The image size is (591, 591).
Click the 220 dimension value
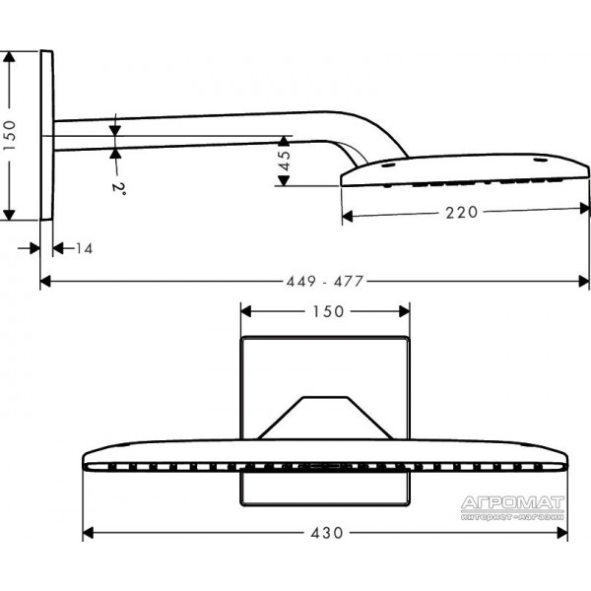coord(462,213)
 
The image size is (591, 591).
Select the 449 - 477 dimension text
coord(325,281)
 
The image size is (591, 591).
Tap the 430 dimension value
coord(327,533)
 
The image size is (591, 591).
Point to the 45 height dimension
coord(286,161)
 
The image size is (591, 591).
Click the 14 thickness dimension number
coord(85,249)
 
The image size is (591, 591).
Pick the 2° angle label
coord(118,186)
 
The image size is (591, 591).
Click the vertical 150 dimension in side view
coord(10,136)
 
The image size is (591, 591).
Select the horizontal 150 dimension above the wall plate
coord(329,311)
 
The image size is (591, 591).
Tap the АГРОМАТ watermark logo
coord(512,507)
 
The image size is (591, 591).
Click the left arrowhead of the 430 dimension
coord(88,533)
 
